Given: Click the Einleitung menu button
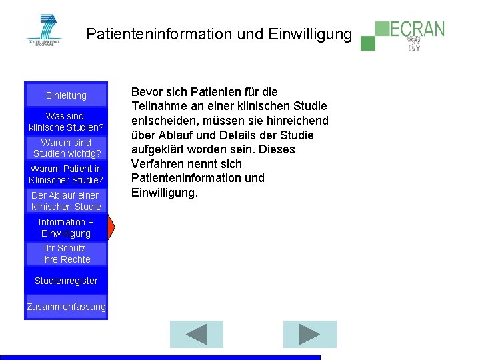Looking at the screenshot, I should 66,95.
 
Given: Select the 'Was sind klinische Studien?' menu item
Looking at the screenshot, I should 66,121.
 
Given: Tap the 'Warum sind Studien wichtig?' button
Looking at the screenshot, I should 66,148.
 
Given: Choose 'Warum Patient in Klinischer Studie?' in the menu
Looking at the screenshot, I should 66,174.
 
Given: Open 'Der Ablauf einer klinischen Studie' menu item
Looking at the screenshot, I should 66,201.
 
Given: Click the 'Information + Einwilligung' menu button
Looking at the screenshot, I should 66,227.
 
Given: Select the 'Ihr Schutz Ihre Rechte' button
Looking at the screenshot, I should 66,253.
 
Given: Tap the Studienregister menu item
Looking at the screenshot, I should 66,281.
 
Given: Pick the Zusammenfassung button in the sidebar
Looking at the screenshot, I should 66,307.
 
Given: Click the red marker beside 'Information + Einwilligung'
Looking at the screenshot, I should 111,227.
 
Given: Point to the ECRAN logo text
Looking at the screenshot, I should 417,29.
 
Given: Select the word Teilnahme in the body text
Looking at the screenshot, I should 160,106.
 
